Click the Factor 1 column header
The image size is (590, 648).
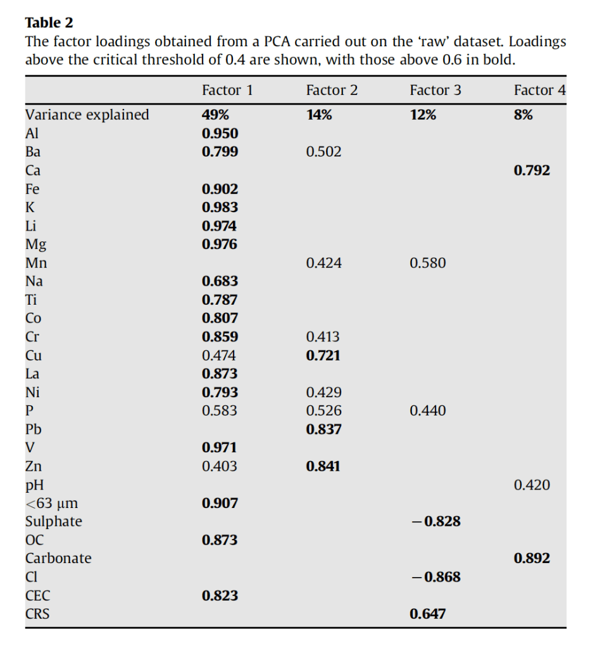(x=227, y=91)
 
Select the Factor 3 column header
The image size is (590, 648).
(x=436, y=91)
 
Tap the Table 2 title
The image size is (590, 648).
(x=49, y=23)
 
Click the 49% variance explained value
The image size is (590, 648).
(x=215, y=115)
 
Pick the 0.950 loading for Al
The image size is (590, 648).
(x=220, y=134)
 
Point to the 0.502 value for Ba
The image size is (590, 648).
(x=323, y=152)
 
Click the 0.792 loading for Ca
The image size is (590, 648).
(x=532, y=170)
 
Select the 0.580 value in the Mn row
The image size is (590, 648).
(x=427, y=263)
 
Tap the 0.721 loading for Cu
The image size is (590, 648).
(x=323, y=355)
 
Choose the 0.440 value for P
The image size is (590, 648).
(x=427, y=410)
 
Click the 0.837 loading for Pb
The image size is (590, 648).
(x=323, y=429)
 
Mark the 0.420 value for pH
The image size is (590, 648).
(x=532, y=485)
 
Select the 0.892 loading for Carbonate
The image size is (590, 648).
(x=532, y=559)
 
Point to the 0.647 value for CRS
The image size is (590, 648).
(x=427, y=614)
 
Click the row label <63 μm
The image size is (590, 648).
(x=52, y=504)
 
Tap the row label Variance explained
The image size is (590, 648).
(x=87, y=115)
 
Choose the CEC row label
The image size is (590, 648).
(x=38, y=595)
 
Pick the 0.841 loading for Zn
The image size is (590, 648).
(x=323, y=466)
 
